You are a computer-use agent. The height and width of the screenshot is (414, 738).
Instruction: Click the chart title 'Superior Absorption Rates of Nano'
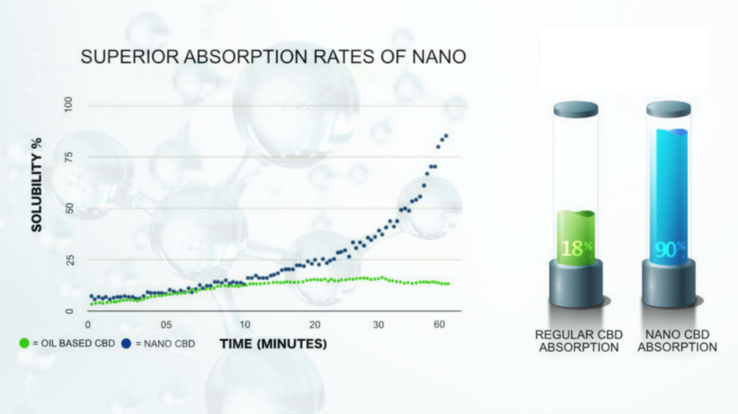click(x=273, y=57)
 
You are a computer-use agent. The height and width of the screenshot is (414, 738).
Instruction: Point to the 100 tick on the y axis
click(x=69, y=104)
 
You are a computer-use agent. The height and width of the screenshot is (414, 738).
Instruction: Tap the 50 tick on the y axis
click(x=69, y=208)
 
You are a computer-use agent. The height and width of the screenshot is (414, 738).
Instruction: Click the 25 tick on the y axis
click(x=69, y=260)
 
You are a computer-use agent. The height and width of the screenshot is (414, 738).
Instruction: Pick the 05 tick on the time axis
click(x=166, y=325)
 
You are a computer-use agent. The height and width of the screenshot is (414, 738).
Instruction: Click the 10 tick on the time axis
click(x=245, y=325)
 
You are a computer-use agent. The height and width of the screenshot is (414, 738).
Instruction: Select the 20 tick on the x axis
click(x=314, y=325)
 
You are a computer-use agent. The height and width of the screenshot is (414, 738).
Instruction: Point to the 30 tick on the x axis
click(x=378, y=325)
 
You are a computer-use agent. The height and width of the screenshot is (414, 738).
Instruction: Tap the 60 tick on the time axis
click(x=439, y=324)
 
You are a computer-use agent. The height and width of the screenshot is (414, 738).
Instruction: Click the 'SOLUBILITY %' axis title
click(x=37, y=185)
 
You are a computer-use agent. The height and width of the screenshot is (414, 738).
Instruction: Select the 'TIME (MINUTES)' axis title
click(x=273, y=344)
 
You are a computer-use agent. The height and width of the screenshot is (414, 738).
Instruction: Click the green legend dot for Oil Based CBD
click(x=24, y=343)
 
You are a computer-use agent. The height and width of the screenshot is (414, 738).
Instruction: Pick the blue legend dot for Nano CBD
click(x=126, y=343)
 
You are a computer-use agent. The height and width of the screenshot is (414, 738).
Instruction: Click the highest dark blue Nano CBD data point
click(x=446, y=136)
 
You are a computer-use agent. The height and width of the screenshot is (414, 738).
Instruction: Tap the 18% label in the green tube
click(x=576, y=248)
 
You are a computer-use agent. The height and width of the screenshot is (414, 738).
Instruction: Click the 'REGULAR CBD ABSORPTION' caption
click(x=579, y=341)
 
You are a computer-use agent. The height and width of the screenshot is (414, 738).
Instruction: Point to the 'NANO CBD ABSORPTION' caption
click(x=677, y=341)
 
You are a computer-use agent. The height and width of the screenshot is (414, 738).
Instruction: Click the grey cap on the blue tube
click(x=669, y=109)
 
